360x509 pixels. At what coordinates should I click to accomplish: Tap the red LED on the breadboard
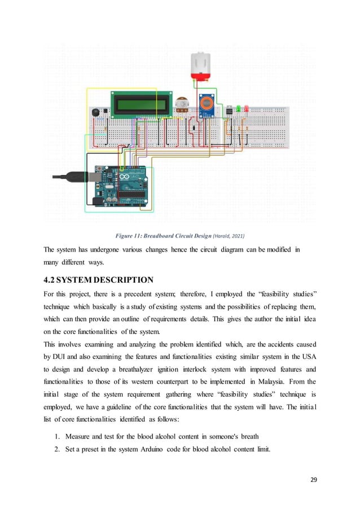tap(246, 108)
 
